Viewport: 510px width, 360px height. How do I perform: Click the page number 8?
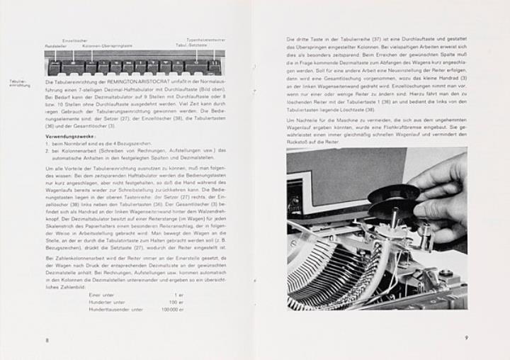(47, 341)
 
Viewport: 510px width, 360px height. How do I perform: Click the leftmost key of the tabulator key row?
(56, 68)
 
